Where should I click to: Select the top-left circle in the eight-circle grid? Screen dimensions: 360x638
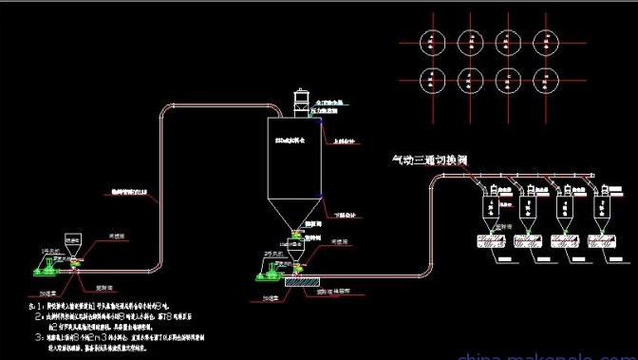click(x=433, y=39)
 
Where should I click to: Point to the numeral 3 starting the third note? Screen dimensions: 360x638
click(x=35, y=335)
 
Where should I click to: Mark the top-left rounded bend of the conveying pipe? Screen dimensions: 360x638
click(x=167, y=108)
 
